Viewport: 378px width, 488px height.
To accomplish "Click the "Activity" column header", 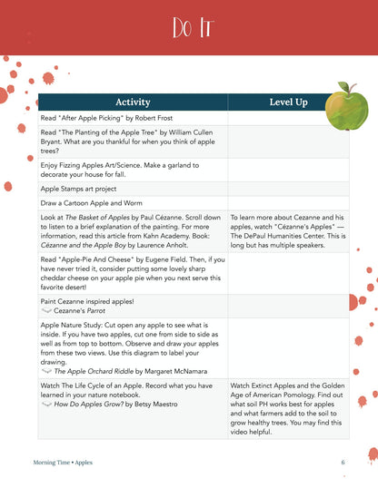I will pos(132,102).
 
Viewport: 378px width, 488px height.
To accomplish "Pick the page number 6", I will pos(343,460).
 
